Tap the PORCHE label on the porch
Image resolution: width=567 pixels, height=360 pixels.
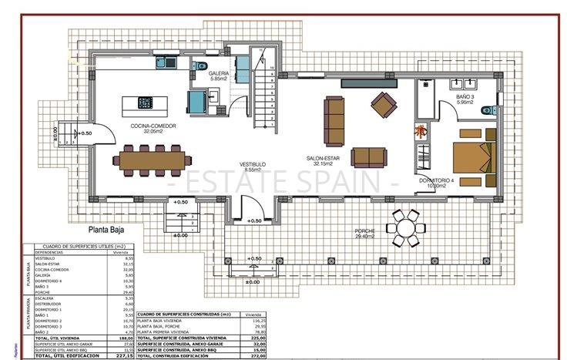365,231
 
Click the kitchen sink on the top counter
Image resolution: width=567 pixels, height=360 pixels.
163,61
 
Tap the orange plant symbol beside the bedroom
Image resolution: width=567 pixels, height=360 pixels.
421,132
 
